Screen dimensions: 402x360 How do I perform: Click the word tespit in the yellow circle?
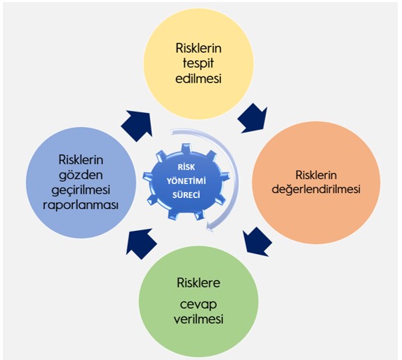(198, 63)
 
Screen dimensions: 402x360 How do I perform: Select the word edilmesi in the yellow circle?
(199, 79)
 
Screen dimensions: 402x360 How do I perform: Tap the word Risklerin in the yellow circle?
(199, 48)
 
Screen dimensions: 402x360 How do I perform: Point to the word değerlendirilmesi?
(316, 190)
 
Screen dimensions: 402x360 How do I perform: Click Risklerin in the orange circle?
(316, 175)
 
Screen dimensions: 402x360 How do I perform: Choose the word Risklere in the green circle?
(199, 283)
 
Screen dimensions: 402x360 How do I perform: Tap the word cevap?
(199, 305)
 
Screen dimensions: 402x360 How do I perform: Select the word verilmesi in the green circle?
(199, 319)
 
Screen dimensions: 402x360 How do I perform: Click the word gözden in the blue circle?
(81, 175)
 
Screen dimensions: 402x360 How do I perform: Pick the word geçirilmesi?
(81, 190)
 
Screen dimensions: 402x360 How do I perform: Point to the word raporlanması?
(81, 206)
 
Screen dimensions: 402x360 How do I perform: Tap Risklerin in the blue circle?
(81, 160)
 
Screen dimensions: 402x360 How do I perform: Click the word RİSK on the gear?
(187, 167)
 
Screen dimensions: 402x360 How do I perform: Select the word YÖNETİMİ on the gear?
(187, 181)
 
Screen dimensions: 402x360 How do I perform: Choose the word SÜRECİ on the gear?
(187, 195)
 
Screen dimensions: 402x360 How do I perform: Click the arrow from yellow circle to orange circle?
(253, 119)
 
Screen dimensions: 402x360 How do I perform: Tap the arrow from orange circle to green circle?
(257, 241)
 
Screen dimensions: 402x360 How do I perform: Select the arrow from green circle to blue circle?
(141, 244)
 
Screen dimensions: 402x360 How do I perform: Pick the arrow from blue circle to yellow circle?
(137, 126)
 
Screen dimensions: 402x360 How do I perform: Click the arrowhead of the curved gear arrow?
(210, 227)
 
